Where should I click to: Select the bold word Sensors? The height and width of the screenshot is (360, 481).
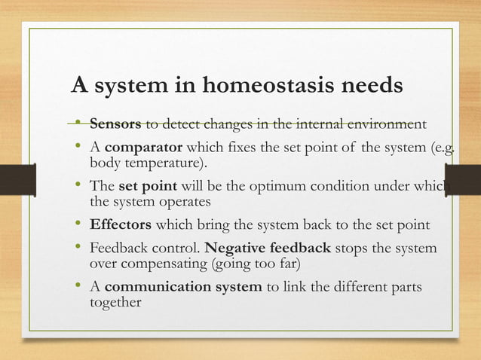(115, 124)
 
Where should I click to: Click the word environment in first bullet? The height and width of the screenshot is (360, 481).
(387, 124)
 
